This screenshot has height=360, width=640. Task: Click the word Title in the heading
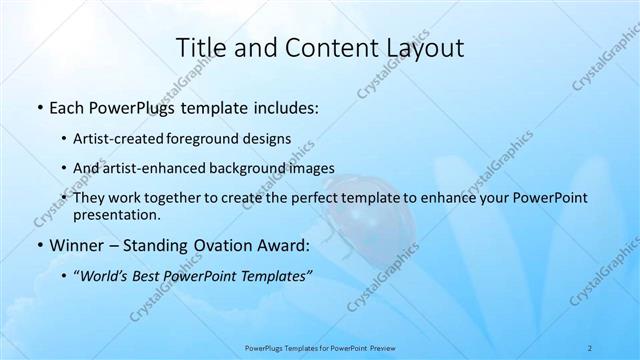pos(199,48)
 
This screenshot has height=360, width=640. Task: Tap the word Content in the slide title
pos(319,48)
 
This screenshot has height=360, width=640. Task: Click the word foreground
pos(214,139)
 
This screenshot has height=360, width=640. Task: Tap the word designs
pos(270,139)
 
